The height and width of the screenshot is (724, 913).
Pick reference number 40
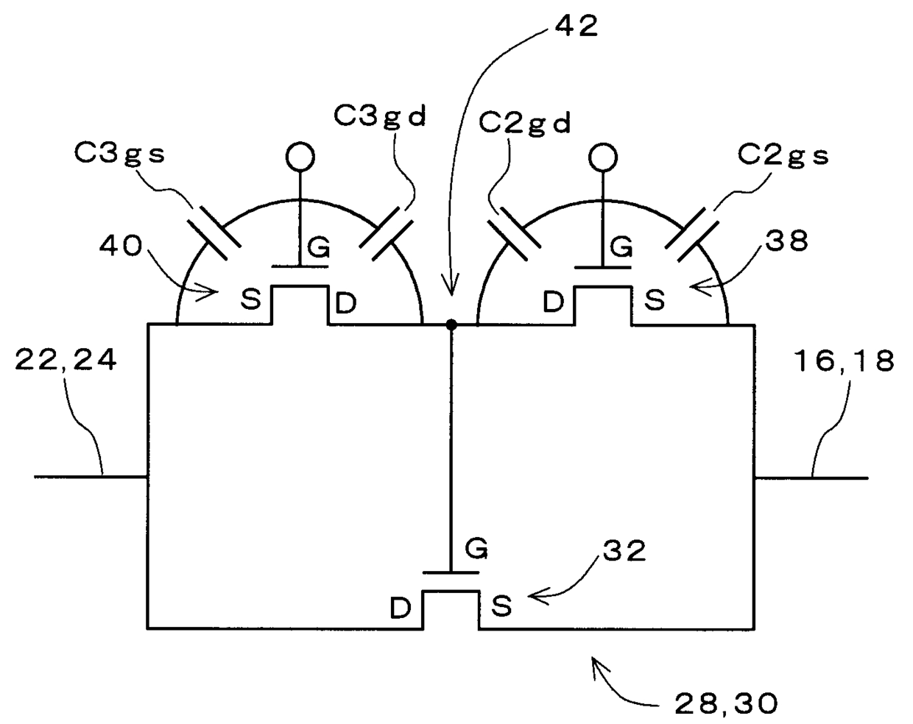(x=121, y=246)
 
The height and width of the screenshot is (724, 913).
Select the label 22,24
(x=66, y=361)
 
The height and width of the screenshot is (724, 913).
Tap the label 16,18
(x=845, y=361)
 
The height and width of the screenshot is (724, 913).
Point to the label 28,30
(x=725, y=704)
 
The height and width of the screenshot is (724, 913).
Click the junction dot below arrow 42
(x=451, y=324)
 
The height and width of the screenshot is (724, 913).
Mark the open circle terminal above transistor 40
(x=300, y=156)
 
